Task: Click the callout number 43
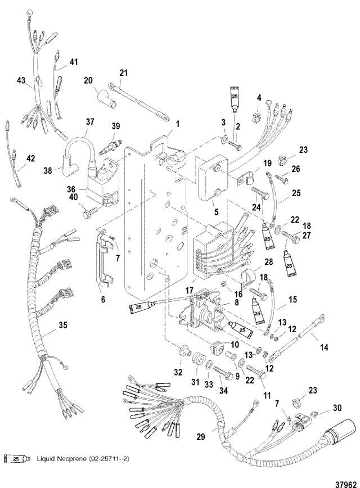pos(21,81)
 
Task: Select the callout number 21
pos(124,72)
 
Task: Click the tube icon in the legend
pos(16,459)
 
